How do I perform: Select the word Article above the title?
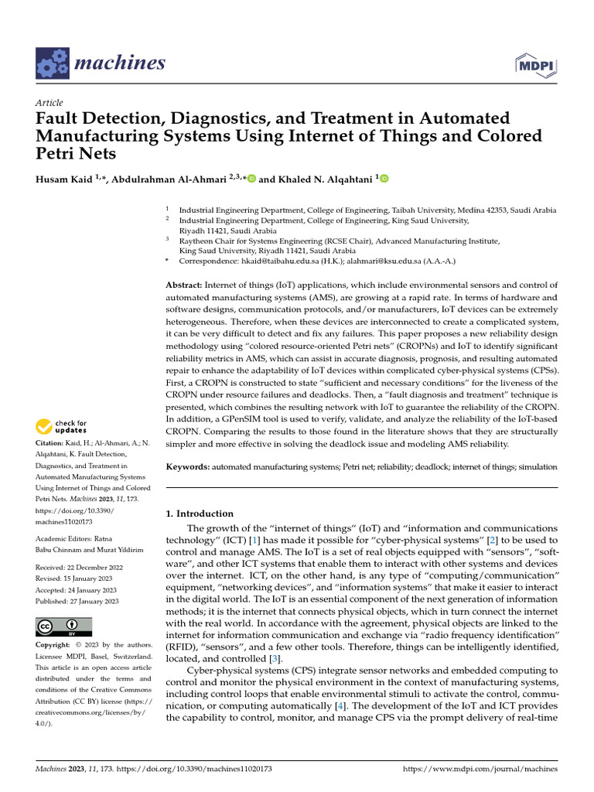click(49, 103)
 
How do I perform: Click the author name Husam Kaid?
click(70, 179)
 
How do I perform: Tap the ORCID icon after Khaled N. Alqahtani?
click(384, 179)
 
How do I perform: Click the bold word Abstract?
click(185, 285)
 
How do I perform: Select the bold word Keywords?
click(188, 468)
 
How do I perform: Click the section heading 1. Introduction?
click(200, 514)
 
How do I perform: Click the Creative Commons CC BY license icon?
click(63, 626)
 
